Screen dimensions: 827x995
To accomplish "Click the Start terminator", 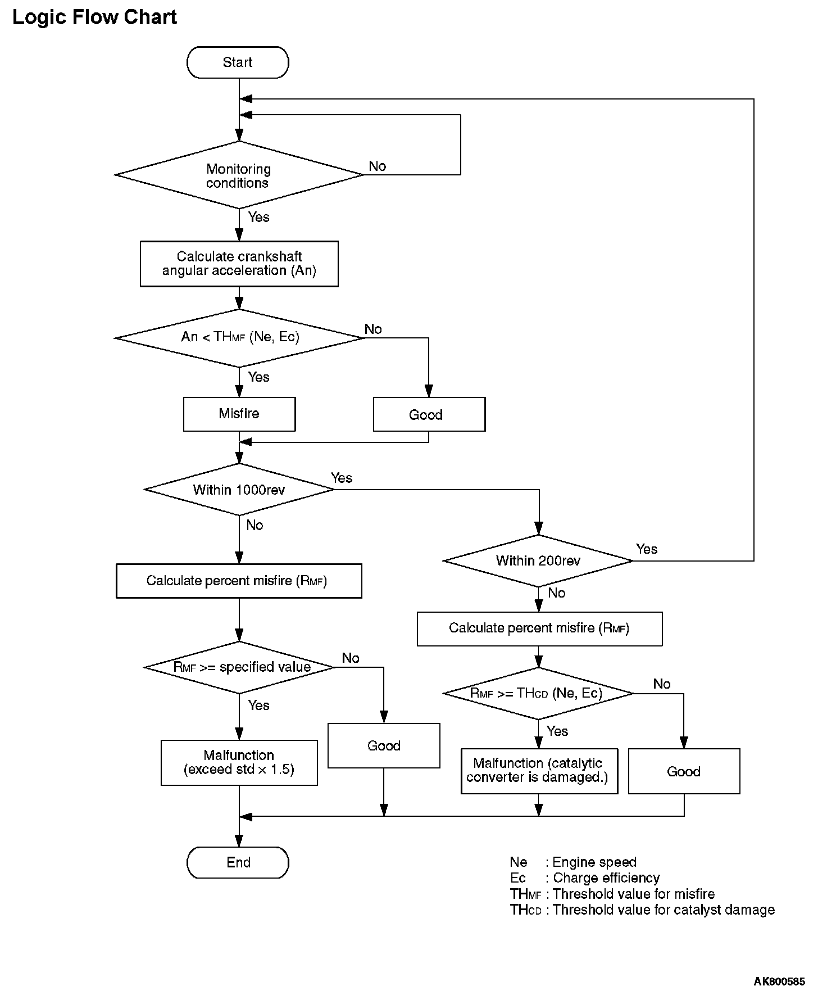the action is [x=238, y=62].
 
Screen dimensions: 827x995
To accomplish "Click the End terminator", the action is [x=238, y=862].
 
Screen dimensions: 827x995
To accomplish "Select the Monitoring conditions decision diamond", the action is [x=239, y=175].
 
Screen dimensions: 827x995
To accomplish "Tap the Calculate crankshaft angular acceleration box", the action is [x=239, y=264].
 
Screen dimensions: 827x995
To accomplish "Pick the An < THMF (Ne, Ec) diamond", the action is [x=239, y=338].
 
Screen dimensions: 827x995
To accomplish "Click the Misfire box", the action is [x=239, y=414].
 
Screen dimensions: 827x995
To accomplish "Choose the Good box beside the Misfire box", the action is [x=429, y=414].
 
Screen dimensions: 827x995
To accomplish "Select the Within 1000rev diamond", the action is [x=239, y=489].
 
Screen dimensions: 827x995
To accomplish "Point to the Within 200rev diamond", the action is [x=538, y=560].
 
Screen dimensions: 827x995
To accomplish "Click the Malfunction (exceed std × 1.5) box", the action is [x=239, y=762].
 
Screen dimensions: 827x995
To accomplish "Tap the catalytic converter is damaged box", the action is [x=539, y=771].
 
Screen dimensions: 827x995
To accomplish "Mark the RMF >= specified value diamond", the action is [x=239, y=667].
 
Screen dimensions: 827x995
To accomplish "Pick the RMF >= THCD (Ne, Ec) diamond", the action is [x=538, y=693].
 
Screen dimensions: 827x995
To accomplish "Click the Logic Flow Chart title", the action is [x=94, y=17].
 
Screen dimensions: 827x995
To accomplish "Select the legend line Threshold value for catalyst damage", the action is [x=642, y=910].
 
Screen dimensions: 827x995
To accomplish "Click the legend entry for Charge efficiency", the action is [x=585, y=878].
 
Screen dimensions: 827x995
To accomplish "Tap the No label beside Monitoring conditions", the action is [x=378, y=166].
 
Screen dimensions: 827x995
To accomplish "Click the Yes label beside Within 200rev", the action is [x=647, y=549].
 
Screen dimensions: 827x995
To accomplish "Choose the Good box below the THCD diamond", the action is [x=684, y=771].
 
